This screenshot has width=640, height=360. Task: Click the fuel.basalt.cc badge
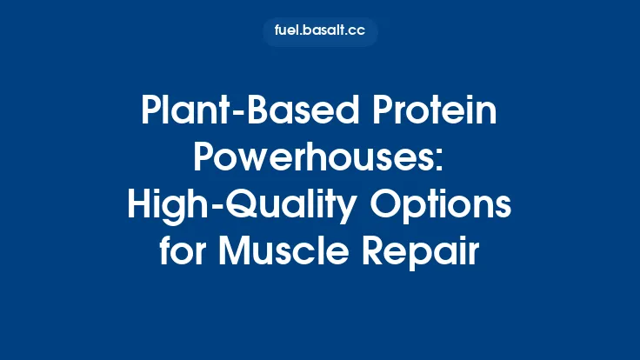(x=320, y=32)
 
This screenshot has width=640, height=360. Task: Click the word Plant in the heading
(x=177, y=113)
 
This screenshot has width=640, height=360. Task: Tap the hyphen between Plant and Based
(x=220, y=116)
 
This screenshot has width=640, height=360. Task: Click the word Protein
(x=423, y=115)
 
